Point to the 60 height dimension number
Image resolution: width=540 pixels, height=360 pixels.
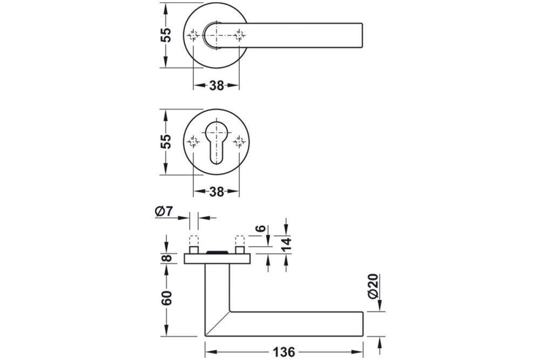click(167, 297)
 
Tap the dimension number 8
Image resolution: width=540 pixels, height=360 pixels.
click(167, 258)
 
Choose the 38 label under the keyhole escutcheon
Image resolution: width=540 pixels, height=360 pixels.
click(216, 192)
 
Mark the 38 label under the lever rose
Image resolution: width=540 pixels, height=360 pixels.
click(216, 85)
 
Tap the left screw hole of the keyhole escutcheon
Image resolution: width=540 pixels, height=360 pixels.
click(193, 142)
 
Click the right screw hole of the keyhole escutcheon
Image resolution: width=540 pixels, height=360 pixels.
click(239, 142)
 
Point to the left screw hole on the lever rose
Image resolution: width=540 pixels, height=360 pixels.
click(193, 36)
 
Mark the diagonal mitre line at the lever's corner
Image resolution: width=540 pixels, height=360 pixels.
click(217, 323)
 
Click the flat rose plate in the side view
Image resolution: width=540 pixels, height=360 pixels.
click(217, 260)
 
